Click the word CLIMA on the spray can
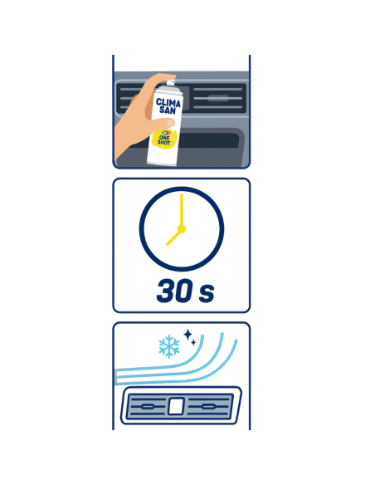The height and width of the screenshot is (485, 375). (168, 103)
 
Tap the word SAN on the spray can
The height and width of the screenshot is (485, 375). (168, 110)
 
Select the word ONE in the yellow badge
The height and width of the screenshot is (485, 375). (164, 138)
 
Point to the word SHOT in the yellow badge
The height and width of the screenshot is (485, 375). (163, 142)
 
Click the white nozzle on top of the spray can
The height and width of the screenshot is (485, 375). (171, 82)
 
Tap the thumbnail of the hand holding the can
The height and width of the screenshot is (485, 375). (171, 123)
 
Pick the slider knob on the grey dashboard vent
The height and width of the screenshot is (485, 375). (218, 98)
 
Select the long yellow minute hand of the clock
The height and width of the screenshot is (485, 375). (182, 211)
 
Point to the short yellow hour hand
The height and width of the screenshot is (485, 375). (173, 238)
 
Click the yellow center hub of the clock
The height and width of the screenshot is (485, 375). (182, 229)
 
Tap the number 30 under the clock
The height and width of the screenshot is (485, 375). (174, 291)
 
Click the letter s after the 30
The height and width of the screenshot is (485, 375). (207, 294)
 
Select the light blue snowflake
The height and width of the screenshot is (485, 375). (169, 346)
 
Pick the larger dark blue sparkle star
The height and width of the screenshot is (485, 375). (187, 335)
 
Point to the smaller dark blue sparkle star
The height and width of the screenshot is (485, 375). (193, 342)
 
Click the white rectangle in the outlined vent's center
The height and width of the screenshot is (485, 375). (176, 406)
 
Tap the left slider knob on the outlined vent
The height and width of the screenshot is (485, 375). (147, 406)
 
